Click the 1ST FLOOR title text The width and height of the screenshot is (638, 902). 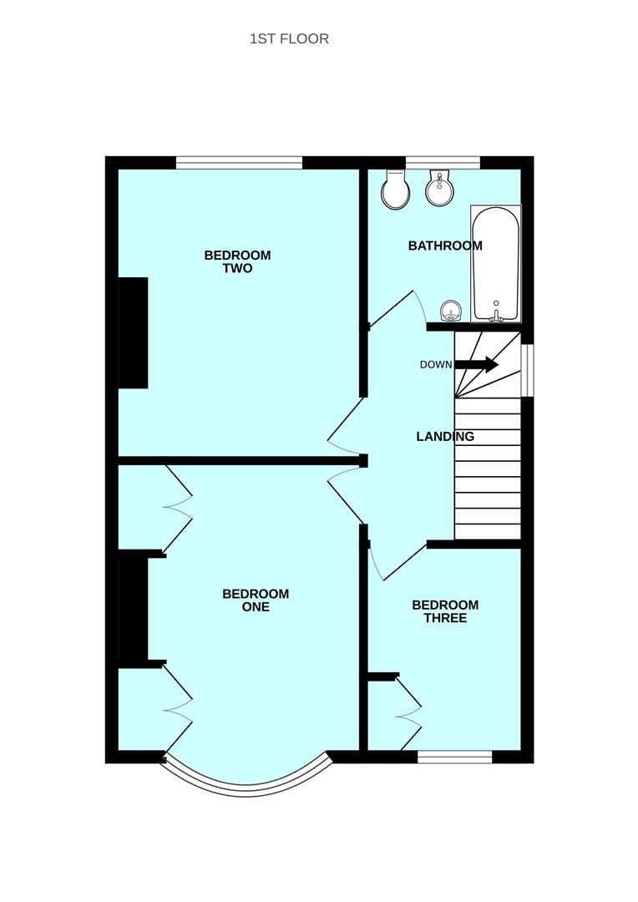[x=289, y=38]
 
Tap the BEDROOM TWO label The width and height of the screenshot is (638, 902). [x=237, y=261]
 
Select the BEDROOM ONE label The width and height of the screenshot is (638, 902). [x=256, y=600]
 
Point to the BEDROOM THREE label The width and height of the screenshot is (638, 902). [x=445, y=611]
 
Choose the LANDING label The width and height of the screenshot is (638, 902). [x=445, y=436]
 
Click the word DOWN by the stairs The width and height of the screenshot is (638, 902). [x=436, y=365]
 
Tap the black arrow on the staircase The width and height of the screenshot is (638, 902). [x=477, y=364]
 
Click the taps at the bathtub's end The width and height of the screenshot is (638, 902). [x=496, y=313]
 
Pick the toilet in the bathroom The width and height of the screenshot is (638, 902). [x=396, y=190]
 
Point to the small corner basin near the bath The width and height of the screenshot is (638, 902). [x=451, y=312]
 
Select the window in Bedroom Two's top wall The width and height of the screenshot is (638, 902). [x=239, y=163]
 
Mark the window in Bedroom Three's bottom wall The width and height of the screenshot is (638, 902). [x=454, y=757]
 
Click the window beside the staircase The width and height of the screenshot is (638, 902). [x=527, y=370]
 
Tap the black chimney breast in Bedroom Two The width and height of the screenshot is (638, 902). [x=133, y=332]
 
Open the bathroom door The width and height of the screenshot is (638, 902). [x=392, y=307]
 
